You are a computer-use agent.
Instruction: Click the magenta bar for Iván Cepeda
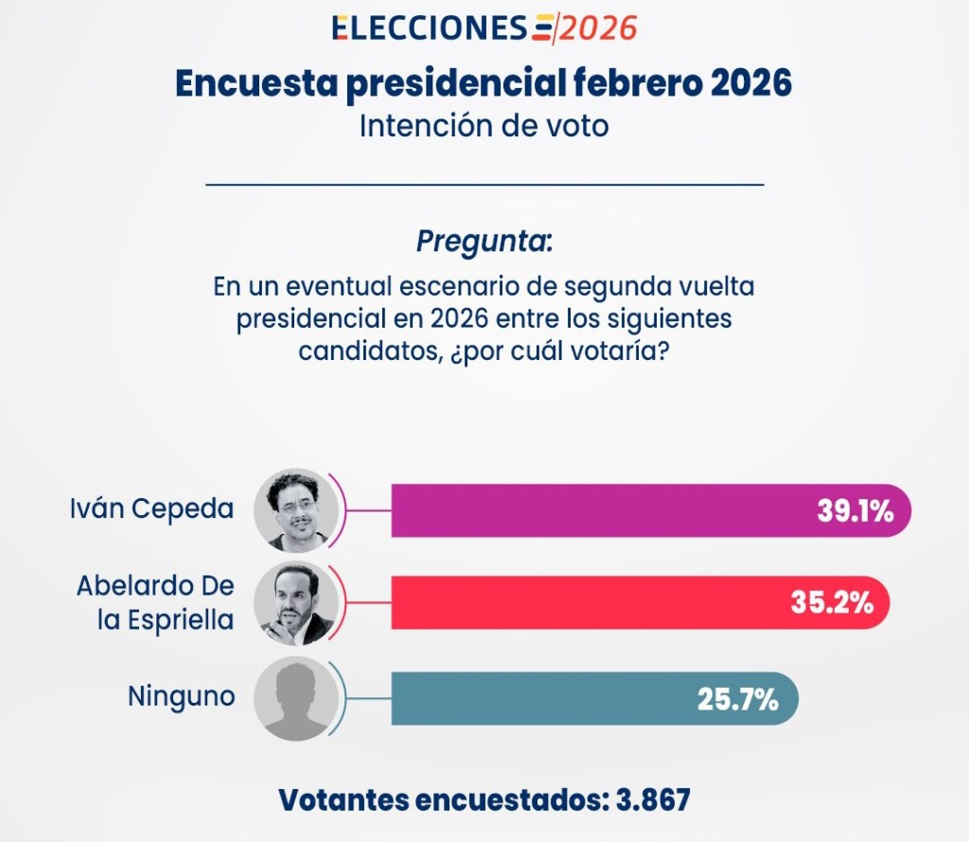pos(606,511)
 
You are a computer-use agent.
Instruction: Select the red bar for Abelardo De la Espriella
pos(587,602)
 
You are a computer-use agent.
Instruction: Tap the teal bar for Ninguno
pos(539,699)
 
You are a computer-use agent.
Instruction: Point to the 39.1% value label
pos(855,511)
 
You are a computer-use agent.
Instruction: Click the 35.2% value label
pos(833,602)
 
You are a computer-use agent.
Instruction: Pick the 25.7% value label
pos(738,700)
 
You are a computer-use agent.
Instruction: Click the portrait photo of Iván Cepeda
pos(296,511)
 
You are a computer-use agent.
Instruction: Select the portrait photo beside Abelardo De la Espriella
pos(296,602)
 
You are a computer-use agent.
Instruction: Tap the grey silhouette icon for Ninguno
pos(296,699)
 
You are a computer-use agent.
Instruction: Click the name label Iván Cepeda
pos(151,509)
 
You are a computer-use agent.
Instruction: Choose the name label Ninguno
pos(181,696)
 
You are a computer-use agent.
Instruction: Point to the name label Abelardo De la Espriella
pos(155,602)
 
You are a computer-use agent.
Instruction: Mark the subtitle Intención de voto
pos(484,125)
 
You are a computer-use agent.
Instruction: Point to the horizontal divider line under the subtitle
pos(484,184)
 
